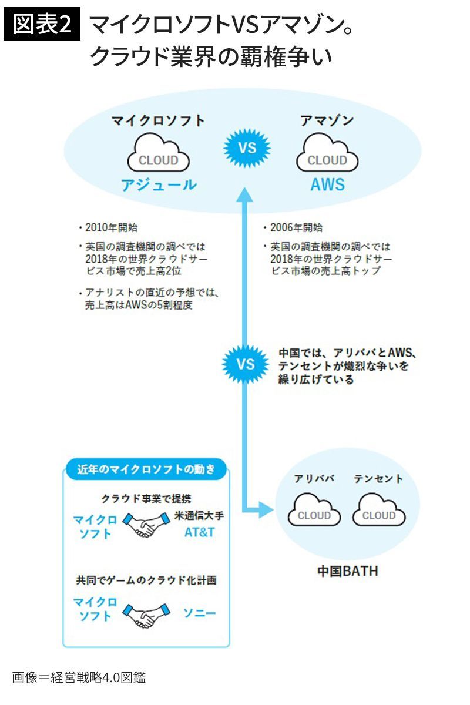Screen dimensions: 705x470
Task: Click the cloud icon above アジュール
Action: (x=158, y=154)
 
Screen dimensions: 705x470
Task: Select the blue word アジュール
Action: (x=159, y=185)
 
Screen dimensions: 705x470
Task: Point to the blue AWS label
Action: (x=327, y=185)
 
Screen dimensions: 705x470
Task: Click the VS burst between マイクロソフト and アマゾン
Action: (x=247, y=147)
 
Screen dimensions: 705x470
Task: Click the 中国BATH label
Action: (x=347, y=570)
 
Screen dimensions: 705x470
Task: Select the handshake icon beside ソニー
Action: (x=147, y=615)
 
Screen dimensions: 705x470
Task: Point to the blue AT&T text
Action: (x=200, y=533)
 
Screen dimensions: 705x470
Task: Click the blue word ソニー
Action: (x=200, y=614)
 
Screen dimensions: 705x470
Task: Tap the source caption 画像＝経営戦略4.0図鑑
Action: (x=79, y=677)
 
